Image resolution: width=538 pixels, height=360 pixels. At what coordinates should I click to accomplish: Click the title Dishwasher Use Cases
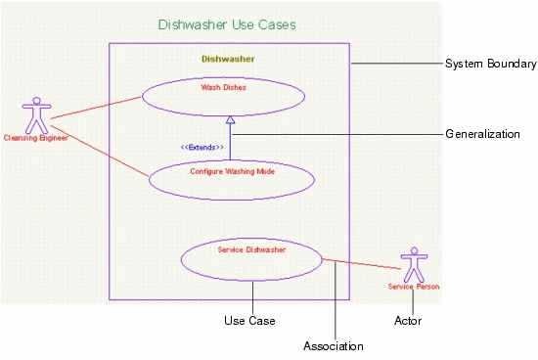tap(226, 23)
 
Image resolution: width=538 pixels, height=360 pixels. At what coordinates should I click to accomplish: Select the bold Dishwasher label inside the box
tap(228, 59)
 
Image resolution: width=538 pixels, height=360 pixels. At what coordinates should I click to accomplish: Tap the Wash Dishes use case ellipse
tap(223, 95)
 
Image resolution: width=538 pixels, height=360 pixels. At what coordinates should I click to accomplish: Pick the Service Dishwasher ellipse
tap(251, 258)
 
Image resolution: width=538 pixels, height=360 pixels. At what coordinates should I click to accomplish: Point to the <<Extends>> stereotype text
tap(202, 147)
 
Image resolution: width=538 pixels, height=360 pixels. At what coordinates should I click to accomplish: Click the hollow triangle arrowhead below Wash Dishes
tap(231, 120)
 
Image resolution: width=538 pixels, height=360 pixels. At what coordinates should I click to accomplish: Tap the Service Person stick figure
tap(414, 264)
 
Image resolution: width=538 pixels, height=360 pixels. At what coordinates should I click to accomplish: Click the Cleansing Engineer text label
tap(36, 139)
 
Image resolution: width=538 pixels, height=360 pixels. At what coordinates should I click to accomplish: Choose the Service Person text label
tap(414, 287)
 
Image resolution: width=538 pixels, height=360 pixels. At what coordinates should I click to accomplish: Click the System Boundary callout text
tap(491, 65)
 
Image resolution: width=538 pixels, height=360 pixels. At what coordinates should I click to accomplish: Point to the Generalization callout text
tap(482, 134)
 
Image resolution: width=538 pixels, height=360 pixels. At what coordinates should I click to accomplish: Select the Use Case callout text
tap(249, 321)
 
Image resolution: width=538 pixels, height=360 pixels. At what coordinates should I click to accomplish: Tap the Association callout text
tap(334, 346)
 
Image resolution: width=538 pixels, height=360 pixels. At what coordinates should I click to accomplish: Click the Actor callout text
tap(408, 321)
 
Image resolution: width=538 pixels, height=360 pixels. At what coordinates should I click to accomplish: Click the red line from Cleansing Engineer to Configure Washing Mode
tap(98, 148)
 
